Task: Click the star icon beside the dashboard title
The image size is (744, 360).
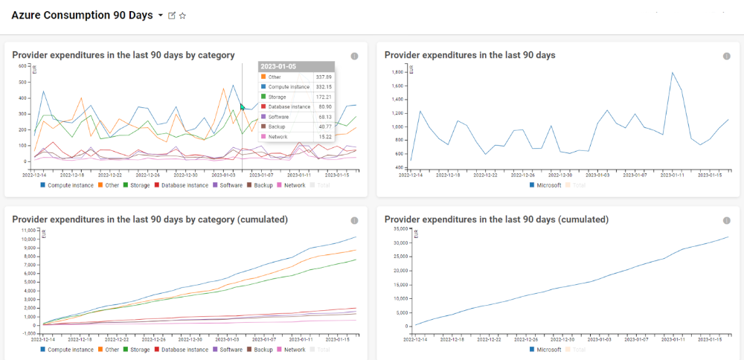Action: click(183, 16)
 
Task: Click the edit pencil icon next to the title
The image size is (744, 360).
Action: click(172, 16)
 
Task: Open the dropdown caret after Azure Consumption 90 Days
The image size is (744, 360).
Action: click(161, 16)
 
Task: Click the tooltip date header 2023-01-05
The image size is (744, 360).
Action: click(278, 67)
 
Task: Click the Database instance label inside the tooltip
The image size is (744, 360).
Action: click(289, 107)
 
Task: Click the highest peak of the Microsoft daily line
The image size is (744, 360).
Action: click(673, 73)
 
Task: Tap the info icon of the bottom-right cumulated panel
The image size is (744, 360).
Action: click(726, 220)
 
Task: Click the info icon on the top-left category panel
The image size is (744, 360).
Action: click(354, 56)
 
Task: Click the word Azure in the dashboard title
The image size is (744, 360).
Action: click(28, 16)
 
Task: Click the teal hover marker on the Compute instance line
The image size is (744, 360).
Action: click(243, 107)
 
